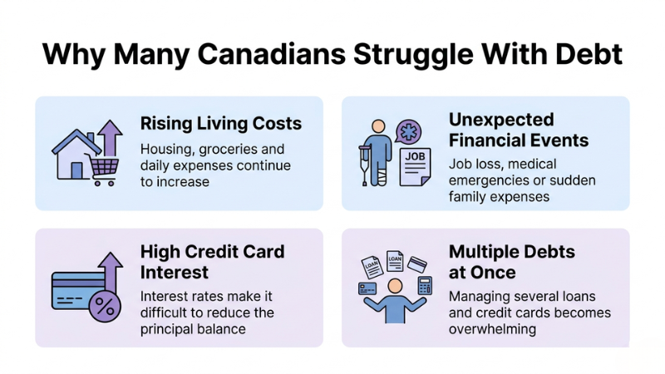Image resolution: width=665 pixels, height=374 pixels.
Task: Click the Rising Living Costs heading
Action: pos(219,124)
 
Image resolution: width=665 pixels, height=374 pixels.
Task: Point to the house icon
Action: pos(76,155)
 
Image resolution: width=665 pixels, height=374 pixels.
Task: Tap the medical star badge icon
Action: pos(410,133)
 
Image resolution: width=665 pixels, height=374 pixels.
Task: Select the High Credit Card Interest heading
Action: pos(212,260)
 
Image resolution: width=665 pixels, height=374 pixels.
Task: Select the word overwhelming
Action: pos(491,328)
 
